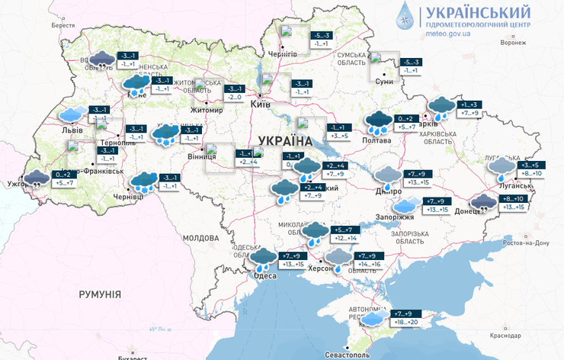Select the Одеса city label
(x=264, y=276)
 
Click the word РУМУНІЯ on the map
(x=100, y=294)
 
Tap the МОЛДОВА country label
(x=201, y=238)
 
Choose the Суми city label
(x=385, y=81)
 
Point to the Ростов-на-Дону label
(x=527, y=243)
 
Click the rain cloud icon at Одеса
(x=264, y=259)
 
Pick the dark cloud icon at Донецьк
(x=483, y=203)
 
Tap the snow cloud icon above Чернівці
(x=143, y=182)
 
